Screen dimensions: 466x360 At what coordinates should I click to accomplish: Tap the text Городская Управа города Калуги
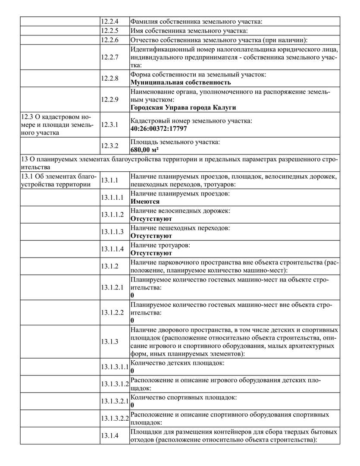click(183, 107)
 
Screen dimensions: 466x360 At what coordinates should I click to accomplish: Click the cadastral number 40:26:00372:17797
click(159, 129)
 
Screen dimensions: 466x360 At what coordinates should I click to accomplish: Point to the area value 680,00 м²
click(144, 150)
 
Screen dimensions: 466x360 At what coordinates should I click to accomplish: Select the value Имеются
click(145, 202)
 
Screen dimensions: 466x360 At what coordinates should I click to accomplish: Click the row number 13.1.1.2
click(113, 215)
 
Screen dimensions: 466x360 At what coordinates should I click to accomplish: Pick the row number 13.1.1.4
click(113, 249)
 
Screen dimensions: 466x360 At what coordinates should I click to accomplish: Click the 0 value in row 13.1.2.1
click(132, 295)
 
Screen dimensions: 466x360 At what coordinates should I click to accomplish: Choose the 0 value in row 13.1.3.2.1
click(132, 405)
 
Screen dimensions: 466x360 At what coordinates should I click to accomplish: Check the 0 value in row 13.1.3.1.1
click(132, 371)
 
